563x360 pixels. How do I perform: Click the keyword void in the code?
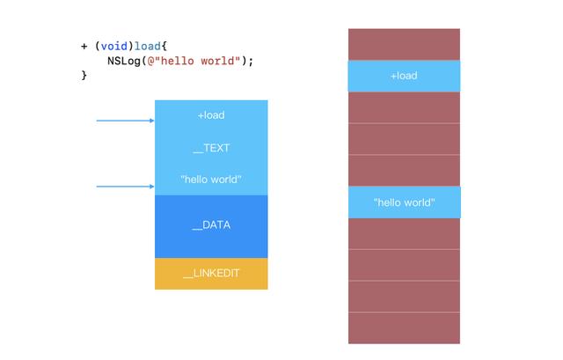pyautogui.click(x=113, y=47)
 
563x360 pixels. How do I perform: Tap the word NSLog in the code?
pyautogui.click(x=124, y=61)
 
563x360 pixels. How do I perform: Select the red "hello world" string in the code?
pyautogui.click(x=194, y=61)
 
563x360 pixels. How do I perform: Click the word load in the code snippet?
pyautogui.click(x=147, y=47)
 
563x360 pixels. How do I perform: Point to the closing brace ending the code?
pyautogui.click(x=84, y=75)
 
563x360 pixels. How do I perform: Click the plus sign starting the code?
pyautogui.click(x=84, y=47)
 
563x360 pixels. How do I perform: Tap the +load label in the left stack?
pyautogui.click(x=211, y=115)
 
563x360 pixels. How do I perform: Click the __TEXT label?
pyautogui.click(x=211, y=148)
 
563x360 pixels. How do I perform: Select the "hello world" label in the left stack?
pyautogui.click(x=211, y=180)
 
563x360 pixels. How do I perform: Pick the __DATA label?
pyautogui.click(x=211, y=225)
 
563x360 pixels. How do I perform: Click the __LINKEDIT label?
pyautogui.click(x=211, y=274)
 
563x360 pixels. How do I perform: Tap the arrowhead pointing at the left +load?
pyautogui.click(x=152, y=121)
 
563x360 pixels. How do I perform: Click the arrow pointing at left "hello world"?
pyautogui.click(x=125, y=187)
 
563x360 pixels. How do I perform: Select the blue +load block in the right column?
pyautogui.click(x=404, y=76)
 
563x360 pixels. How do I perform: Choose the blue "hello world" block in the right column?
pyautogui.click(x=405, y=202)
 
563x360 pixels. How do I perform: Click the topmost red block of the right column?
pyautogui.click(x=404, y=45)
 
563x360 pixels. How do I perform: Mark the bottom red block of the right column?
pyautogui.click(x=404, y=328)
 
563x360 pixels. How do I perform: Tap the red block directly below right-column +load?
pyautogui.click(x=404, y=107)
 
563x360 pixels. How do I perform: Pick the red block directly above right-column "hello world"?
pyautogui.click(x=404, y=171)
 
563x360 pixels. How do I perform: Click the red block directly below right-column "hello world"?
pyautogui.click(x=404, y=233)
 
